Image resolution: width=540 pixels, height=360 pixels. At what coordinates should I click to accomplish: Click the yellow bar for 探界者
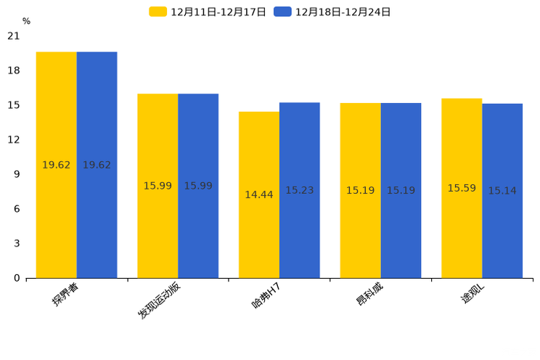[x=56, y=165]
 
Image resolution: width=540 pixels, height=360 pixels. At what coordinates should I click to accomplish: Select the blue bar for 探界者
[x=97, y=165]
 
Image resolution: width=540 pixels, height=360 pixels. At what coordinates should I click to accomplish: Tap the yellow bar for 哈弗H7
[x=259, y=195]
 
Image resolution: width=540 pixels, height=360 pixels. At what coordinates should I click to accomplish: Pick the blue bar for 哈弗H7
[x=299, y=190]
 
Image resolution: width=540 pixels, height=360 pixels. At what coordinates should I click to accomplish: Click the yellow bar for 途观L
[x=462, y=188]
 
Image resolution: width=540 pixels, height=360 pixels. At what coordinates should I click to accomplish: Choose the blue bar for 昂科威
[x=401, y=190]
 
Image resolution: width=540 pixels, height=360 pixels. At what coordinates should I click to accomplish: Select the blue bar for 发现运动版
[x=198, y=186]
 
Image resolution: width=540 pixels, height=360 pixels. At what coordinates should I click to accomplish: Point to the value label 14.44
[x=259, y=195]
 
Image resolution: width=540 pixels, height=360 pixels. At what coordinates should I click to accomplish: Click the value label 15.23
[x=299, y=190]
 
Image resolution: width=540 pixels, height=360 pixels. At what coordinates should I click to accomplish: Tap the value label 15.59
[x=462, y=188]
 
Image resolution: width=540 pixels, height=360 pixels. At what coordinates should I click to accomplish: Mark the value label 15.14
[x=502, y=191]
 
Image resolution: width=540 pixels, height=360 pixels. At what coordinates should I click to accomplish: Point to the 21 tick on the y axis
[x=14, y=36]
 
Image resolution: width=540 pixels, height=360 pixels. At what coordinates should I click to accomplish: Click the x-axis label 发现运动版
[x=160, y=300]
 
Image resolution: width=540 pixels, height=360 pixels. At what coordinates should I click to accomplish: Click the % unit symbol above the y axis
[x=26, y=21]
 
